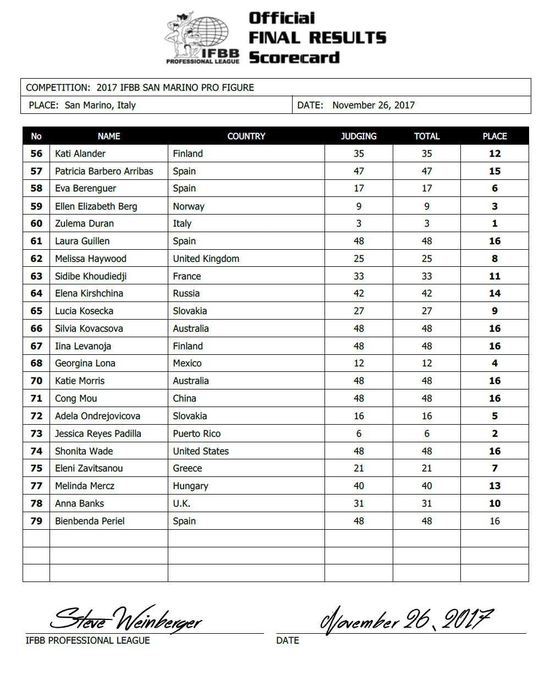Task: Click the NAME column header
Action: pyautogui.click(x=109, y=136)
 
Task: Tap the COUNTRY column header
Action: pyautogui.click(x=246, y=136)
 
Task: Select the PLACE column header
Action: pyautogui.click(x=494, y=136)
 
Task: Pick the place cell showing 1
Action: pyautogui.click(x=494, y=223)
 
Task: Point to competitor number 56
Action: pyautogui.click(x=36, y=153)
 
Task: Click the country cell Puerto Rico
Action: pyautogui.click(x=196, y=433)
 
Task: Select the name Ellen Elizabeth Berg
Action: pyautogui.click(x=96, y=206)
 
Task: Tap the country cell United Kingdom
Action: pyautogui.click(x=206, y=259)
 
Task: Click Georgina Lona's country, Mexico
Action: pyautogui.click(x=187, y=363)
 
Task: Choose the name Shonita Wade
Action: pyautogui.click(x=84, y=451)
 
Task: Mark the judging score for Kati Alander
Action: pyautogui.click(x=359, y=153)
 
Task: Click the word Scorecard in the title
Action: pyautogui.click(x=294, y=57)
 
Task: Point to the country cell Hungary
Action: pyautogui.click(x=190, y=486)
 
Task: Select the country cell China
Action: pyautogui.click(x=184, y=398)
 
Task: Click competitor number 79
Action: pyautogui.click(x=36, y=521)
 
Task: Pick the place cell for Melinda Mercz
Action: pyautogui.click(x=494, y=486)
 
